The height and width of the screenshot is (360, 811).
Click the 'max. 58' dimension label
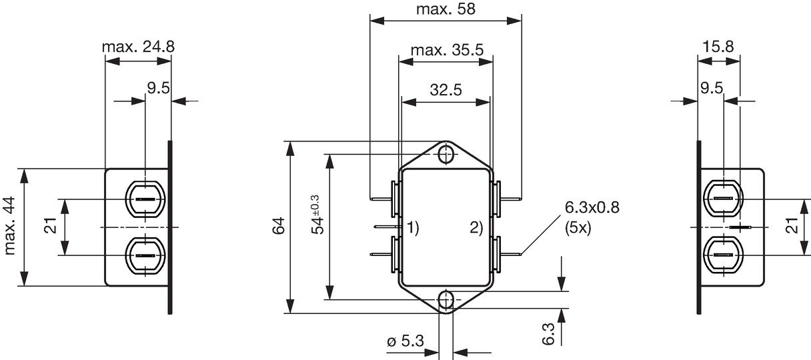pos(446,9)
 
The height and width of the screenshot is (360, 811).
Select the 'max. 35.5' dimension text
pos(447,50)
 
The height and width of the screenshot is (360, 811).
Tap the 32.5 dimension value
pos(446,90)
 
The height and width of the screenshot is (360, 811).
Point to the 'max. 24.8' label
pos(138,47)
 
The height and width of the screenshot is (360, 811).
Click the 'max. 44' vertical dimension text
pos(10,226)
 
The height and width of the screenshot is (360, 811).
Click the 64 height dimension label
pos(279,226)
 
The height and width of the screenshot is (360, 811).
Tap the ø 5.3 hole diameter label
pos(405,341)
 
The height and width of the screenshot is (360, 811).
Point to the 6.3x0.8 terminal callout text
pos(592,207)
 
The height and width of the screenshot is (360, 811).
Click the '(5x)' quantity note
pos(578,228)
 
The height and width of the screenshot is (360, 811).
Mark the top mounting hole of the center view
pos(446,155)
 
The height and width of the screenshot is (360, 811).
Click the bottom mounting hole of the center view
pos(446,300)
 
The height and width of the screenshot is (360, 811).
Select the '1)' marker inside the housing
pos(413,227)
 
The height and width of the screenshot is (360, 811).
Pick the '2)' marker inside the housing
pos(476,227)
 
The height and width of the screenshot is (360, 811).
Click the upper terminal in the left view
pos(145,199)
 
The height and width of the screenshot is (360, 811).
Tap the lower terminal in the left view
pos(145,256)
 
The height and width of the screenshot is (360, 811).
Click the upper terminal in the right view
pos(724,199)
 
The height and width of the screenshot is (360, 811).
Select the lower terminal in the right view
pos(724,255)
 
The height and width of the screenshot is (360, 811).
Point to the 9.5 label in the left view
pos(158,88)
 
